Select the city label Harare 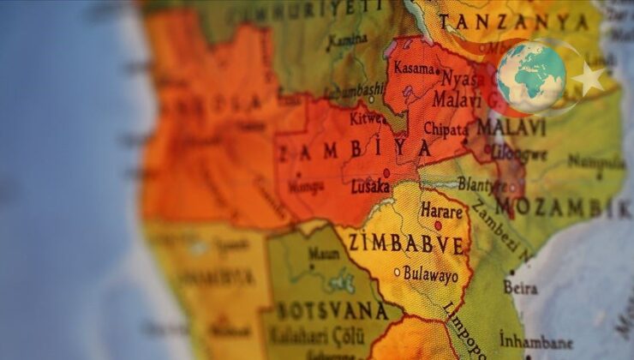(x=442, y=208)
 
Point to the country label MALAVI (x=511, y=127)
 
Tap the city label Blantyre (x=482, y=183)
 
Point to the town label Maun (x=324, y=254)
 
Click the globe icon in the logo (x=531, y=77)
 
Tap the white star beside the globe (x=589, y=79)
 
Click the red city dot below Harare (x=438, y=225)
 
